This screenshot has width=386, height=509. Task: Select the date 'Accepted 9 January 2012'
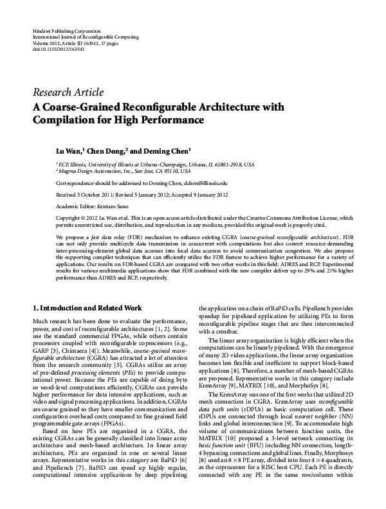(x=204, y=193)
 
